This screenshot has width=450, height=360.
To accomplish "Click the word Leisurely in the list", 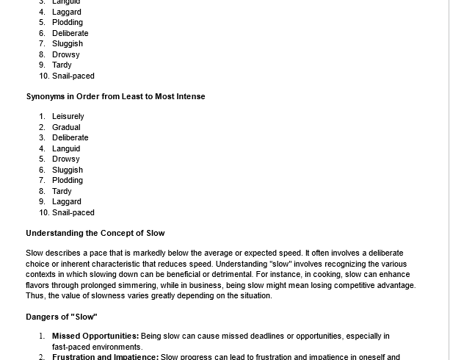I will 68,116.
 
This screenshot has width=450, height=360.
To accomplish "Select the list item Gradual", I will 66,127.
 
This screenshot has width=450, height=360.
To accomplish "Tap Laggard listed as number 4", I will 67,12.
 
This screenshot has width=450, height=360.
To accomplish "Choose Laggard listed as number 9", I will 67,201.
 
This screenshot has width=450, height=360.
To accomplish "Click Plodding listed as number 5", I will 68,22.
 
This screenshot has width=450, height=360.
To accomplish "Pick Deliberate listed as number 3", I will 70,137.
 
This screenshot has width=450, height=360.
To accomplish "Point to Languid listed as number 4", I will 66,148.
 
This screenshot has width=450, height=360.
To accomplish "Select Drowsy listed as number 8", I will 66,54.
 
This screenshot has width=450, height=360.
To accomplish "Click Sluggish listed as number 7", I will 68,43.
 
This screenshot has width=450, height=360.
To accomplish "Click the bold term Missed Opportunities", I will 95,336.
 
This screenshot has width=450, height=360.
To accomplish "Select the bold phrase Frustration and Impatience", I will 105,357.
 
